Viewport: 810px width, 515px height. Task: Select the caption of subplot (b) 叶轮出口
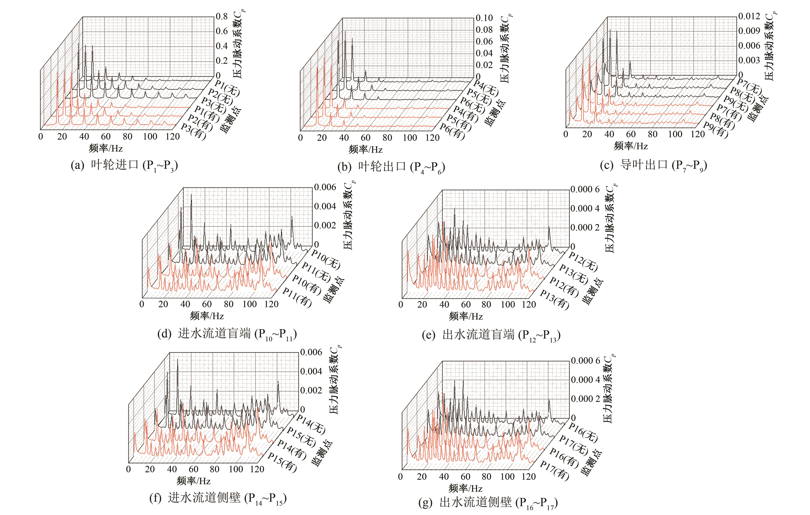[391, 167]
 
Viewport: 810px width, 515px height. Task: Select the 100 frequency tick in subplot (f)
[236, 469]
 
